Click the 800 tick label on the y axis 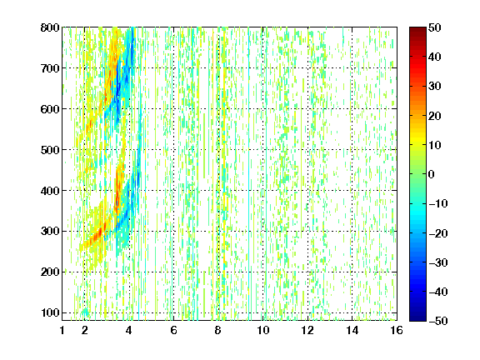50,27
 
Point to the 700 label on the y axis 50,68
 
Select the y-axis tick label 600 50,109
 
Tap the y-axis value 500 50,150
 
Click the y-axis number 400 50,191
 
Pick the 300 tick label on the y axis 50,231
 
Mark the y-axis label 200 50,272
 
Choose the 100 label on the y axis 50,312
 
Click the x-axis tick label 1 62,330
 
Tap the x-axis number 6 173,330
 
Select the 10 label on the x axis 263,330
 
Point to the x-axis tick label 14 352,330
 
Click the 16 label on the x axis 397,330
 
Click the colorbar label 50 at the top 435,27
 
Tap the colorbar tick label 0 432,174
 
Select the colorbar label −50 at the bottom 438,321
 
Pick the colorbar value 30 435,87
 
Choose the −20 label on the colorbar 438,233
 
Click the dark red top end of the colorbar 417,29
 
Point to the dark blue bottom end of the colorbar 417,319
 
